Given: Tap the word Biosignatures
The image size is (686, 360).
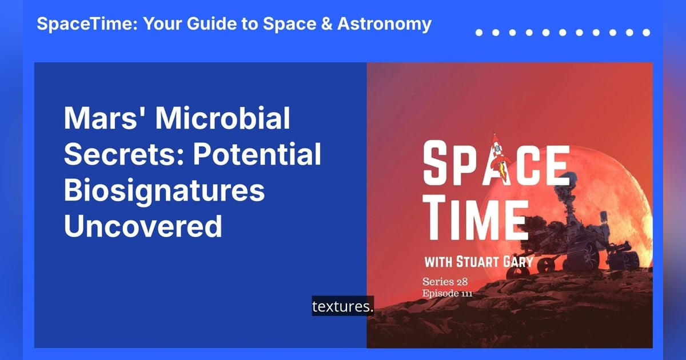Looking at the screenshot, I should pos(164,191).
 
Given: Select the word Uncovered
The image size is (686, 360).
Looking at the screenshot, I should pos(142,227).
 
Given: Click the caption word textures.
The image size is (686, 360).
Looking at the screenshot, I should pos(342,307).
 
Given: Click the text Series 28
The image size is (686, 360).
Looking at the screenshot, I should pos(444,282).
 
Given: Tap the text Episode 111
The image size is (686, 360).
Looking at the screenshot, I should pos(447,294).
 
